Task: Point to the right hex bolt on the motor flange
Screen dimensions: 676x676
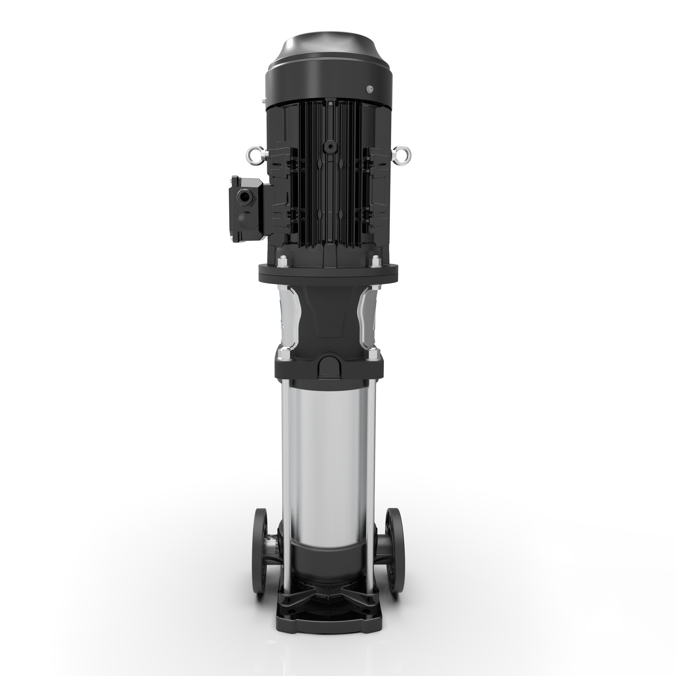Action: click(x=375, y=262)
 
